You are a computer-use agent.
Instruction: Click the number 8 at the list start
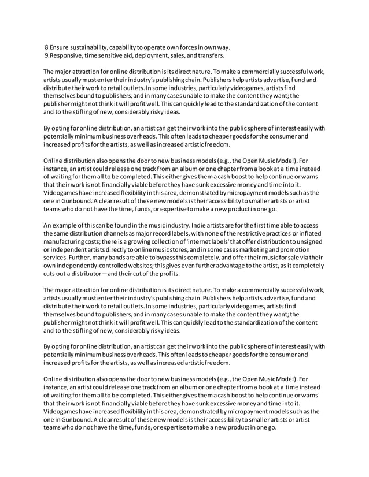(x=47, y=46)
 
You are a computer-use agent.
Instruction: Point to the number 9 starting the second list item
(x=47, y=55)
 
